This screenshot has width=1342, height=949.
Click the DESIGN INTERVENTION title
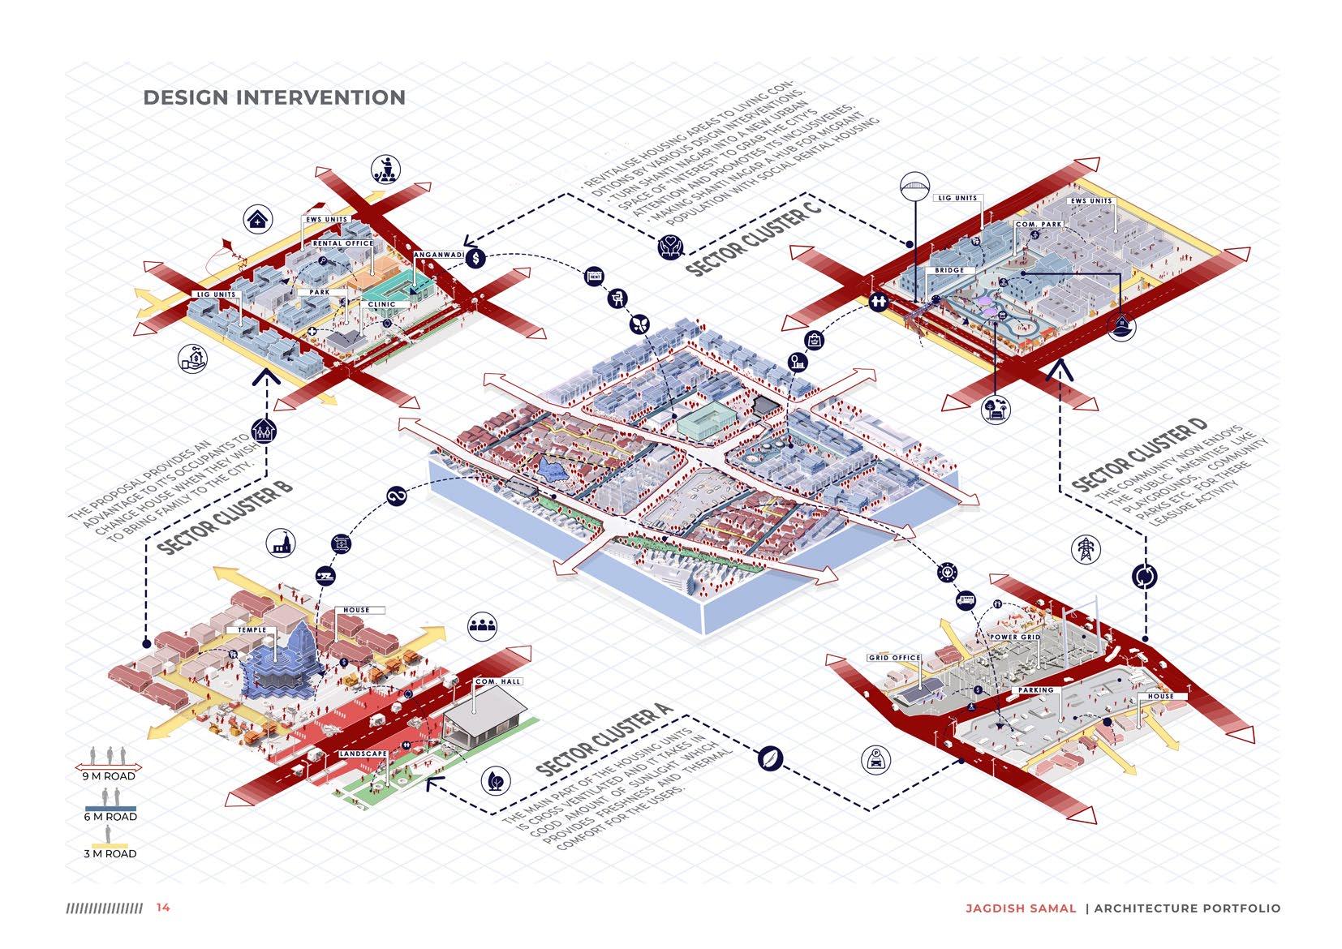[x=274, y=98]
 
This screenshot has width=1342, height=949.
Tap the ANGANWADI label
[x=438, y=255]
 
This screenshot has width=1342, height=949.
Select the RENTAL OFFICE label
[x=343, y=243]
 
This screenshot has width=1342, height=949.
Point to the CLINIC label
[x=381, y=304]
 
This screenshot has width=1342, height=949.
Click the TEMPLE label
[x=252, y=630]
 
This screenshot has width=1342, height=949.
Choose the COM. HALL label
[x=498, y=681]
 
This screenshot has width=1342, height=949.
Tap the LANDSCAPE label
[x=363, y=754]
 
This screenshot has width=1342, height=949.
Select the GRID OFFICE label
[x=894, y=658]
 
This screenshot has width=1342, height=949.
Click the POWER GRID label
[x=1014, y=638]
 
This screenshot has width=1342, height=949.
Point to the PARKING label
[x=1036, y=690]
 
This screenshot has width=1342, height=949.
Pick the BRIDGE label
[x=949, y=270]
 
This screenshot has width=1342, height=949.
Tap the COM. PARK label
[x=1039, y=224]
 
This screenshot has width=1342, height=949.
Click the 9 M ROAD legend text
[x=109, y=776]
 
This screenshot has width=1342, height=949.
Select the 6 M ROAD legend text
[x=110, y=817]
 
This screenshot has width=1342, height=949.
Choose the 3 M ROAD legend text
[x=110, y=853]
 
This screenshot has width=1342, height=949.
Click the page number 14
[x=163, y=908]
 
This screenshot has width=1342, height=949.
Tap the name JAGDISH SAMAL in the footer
[x=1020, y=908]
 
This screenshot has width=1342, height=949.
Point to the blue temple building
[x=280, y=665]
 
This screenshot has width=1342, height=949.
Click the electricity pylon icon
[x=1084, y=549]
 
